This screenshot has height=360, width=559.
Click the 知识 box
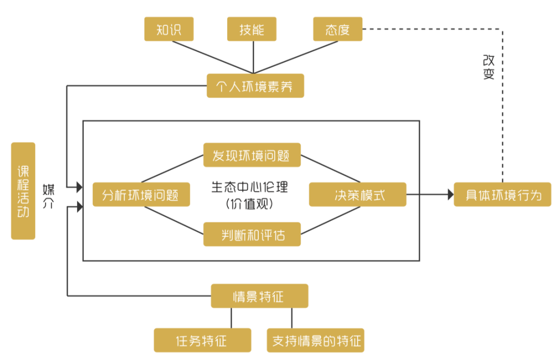[168, 29]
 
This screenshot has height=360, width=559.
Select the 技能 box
[252, 29]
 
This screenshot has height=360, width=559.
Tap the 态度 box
[337, 29]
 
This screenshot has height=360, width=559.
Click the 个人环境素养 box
[255, 85]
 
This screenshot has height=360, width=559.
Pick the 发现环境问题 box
[252, 155]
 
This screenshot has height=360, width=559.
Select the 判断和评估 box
[252, 234]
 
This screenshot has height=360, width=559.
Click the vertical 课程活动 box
[23, 191]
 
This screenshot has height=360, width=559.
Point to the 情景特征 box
[259, 296]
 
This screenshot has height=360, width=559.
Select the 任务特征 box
[202, 340]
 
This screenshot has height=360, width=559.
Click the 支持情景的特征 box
[315, 340]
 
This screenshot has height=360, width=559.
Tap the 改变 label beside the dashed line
[488, 67]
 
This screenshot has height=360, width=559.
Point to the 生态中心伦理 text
[250, 187]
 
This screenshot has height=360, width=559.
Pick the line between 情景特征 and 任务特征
[231, 318]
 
